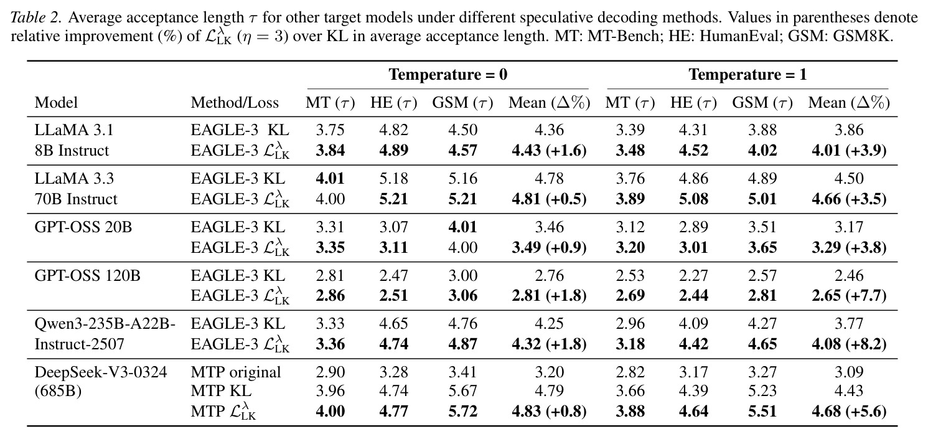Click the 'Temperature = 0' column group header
448,75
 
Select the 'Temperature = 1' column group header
748,75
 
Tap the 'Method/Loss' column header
235,102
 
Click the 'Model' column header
56,102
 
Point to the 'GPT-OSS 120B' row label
87,275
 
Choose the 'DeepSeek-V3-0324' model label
101,372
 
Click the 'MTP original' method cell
236,372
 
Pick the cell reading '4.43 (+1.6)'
549,150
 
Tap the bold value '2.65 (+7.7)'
849,296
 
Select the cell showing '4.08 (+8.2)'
849,344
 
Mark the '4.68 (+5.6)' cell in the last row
849,411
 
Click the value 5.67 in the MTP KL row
463,390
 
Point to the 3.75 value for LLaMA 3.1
330,130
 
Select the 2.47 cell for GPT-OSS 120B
393,275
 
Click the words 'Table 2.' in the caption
36,17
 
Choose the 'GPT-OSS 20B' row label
83,227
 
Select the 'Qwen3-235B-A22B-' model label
105,324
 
